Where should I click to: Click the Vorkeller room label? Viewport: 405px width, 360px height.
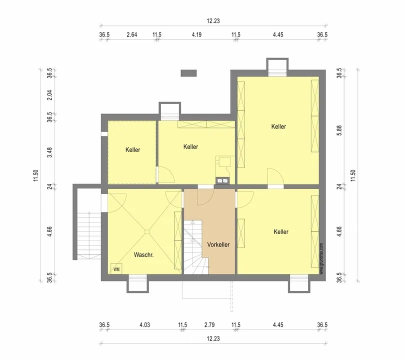[x=218, y=244]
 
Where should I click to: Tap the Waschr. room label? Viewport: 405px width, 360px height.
[x=144, y=255]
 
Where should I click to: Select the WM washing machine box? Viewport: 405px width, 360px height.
[x=116, y=269]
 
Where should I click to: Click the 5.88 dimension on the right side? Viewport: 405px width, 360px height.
[x=339, y=130]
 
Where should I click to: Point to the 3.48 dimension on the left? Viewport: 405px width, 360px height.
[x=50, y=152]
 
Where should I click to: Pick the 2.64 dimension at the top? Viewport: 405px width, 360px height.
[x=131, y=34]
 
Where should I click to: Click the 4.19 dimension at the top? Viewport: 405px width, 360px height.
[x=196, y=34]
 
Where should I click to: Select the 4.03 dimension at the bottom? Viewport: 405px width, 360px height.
[x=144, y=325]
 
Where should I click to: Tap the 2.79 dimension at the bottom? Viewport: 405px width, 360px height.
[x=209, y=325]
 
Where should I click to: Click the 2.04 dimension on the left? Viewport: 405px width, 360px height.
[x=50, y=95]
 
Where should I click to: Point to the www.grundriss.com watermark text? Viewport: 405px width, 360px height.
[x=321, y=258]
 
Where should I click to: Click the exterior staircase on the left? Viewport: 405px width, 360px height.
[x=89, y=235]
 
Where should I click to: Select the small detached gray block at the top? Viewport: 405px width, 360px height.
[x=188, y=73]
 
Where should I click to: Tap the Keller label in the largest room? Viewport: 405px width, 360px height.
[x=278, y=126]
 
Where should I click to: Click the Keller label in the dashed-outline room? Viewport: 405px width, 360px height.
[x=133, y=150]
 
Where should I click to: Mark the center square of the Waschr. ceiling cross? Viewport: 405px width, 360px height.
[x=147, y=232]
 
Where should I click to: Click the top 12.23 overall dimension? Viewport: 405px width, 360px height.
[x=213, y=21]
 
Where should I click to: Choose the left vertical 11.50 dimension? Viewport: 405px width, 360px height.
[x=35, y=175]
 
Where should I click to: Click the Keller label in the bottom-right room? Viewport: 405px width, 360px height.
[x=281, y=231]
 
